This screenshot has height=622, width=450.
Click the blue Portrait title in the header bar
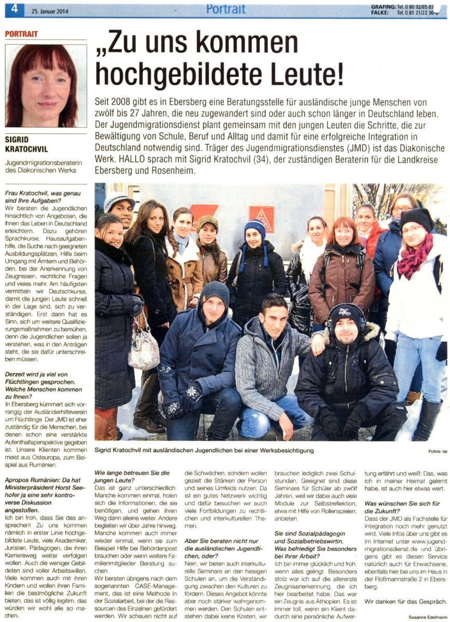pyautogui.click(x=226, y=9)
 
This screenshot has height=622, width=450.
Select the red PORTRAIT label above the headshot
pyautogui.click(x=22, y=34)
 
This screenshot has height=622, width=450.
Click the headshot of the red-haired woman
pyautogui.click(x=46, y=86)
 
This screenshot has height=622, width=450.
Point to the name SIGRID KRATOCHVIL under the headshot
pyautogui.click(x=26, y=145)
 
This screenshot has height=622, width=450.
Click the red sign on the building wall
pyautogui.click(x=262, y=217)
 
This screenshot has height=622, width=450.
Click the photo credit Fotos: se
pyautogui.click(x=438, y=451)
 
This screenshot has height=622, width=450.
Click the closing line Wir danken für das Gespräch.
pyautogui.click(x=405, y=601)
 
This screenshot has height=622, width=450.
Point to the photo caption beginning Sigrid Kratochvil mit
pyautogui.click(x=204, y=450)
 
